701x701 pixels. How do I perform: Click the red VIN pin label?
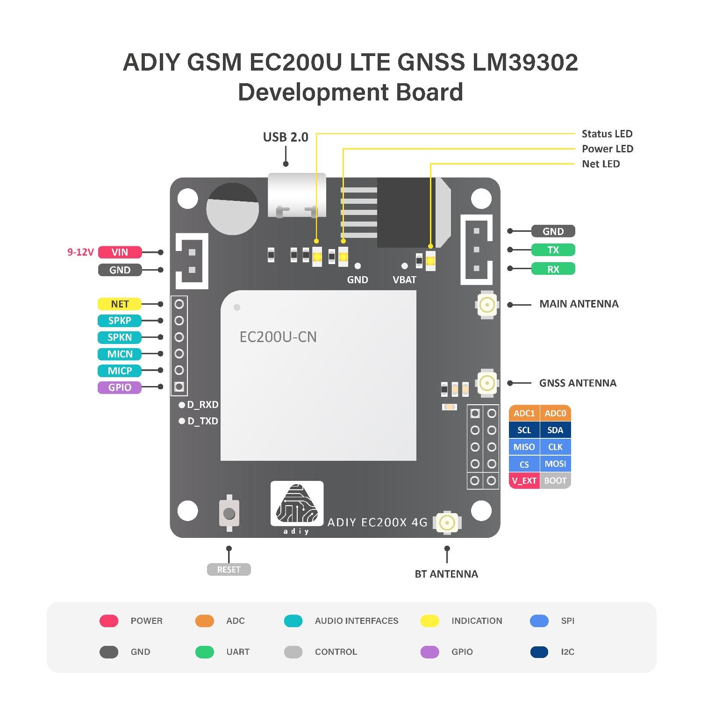[x=120, y=252]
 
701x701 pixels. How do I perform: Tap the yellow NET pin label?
[x=120, y=304]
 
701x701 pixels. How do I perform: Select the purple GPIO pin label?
[x=120, y=387]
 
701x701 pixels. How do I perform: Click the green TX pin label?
[x=553, y=250]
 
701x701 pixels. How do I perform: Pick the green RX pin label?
[x=553, y=269]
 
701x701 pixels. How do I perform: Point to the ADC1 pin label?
[x=524, y=414]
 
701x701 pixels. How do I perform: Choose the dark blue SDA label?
[x=555, y=430]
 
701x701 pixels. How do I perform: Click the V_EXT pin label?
[x=524, y=481]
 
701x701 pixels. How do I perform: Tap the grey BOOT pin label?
[x=555, y=481]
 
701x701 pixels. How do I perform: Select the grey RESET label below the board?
[x=229, y=570]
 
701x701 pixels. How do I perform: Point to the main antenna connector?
[x=487, y=305]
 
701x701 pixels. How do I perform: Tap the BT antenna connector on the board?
[x=447, y=522]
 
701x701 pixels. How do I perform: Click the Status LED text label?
[x=607, y=134]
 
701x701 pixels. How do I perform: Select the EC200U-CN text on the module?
[x=278, y=337]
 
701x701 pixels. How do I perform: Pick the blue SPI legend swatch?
[x=539, y=621]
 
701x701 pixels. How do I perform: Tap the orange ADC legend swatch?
[x=204, y=621]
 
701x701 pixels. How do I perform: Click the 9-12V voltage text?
[x=80, y=252]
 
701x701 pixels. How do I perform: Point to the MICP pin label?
[x=120, y=371]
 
